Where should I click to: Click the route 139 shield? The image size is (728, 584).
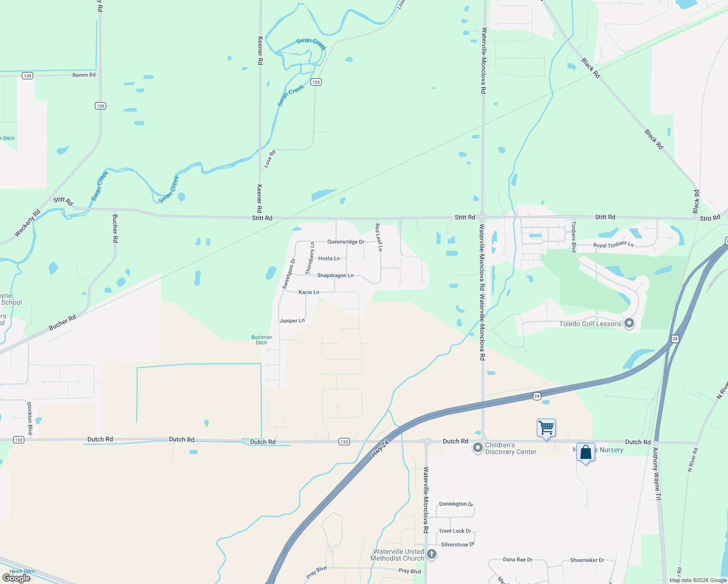27,75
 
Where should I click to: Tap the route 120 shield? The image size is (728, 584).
100,106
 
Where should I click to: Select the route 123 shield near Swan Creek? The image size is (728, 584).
316,82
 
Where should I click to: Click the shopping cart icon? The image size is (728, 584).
546,428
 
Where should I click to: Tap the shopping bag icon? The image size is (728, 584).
585,453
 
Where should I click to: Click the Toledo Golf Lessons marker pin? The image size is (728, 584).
629,323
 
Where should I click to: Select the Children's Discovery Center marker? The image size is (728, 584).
478,447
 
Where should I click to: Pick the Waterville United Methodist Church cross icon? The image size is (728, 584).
431,554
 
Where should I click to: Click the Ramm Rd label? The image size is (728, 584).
84,75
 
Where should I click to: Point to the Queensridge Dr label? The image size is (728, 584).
346,242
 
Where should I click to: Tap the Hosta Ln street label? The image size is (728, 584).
329,258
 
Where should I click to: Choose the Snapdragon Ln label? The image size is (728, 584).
335,275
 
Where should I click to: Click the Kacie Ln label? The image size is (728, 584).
309,292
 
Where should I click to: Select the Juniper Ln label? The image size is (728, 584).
292,321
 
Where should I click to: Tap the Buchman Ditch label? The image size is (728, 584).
262,340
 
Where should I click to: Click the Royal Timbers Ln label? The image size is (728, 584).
613,245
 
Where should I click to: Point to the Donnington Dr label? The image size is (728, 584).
456,504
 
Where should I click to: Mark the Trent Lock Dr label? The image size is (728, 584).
455,531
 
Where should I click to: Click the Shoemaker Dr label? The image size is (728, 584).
587,560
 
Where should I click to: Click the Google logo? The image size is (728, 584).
17,578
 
